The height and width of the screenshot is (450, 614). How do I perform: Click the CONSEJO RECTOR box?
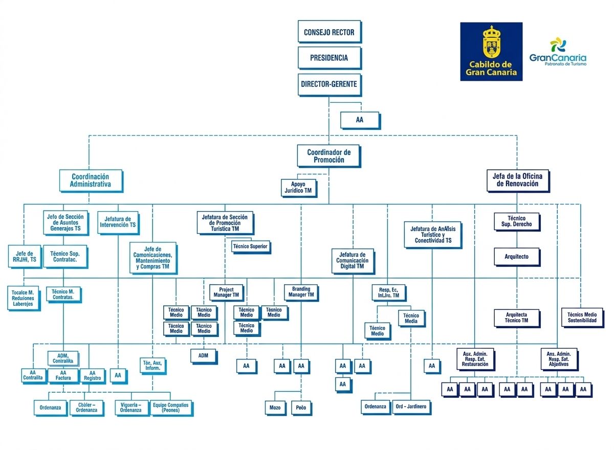click(329, 32)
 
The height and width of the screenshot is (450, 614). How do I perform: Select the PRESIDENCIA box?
click(329, 58)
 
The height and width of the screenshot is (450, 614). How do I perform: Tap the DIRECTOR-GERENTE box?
click(329, 84)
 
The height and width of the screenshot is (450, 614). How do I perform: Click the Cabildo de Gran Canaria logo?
click(491, 51)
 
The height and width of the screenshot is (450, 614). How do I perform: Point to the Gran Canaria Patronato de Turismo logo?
click(558, 52)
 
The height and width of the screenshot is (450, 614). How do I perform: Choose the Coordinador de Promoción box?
click(329, 156)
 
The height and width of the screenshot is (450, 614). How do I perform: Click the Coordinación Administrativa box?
click(91, 181)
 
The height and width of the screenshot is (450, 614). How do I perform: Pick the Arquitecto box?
click(517, 257)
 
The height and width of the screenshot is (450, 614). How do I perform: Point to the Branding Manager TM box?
click(300, 292)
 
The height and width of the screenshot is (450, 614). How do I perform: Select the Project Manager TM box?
click(226, 292)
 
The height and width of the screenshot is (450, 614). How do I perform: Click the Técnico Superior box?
click(250, 246)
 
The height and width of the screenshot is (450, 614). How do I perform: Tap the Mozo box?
click(275, 408)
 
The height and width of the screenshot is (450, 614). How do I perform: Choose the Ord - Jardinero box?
click(410, 407)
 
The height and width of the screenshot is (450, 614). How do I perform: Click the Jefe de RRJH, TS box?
click(25, 257)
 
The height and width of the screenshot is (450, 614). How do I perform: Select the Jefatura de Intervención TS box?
click(118, 222)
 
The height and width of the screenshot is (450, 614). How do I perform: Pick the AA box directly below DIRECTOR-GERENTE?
click(360, 120)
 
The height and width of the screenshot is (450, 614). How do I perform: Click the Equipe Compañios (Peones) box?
click(170, 408)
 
